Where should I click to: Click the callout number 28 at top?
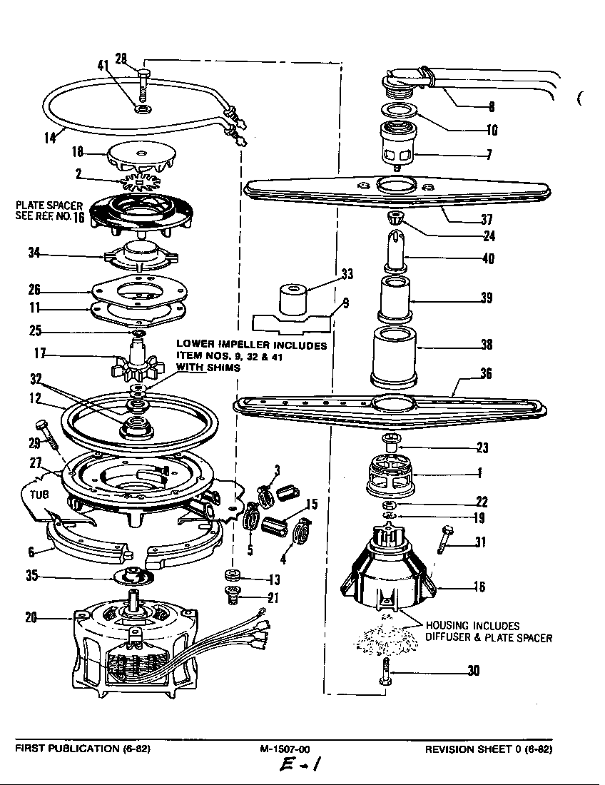click(121, 59)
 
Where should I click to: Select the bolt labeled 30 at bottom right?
click(386, 672)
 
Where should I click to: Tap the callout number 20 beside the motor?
click(31, 618)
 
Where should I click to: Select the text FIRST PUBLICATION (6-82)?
click(83, 749)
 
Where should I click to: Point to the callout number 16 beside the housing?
click(479, 587)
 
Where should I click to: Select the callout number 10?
click(492, 130)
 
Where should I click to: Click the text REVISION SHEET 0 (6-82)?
click(489, 749)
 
